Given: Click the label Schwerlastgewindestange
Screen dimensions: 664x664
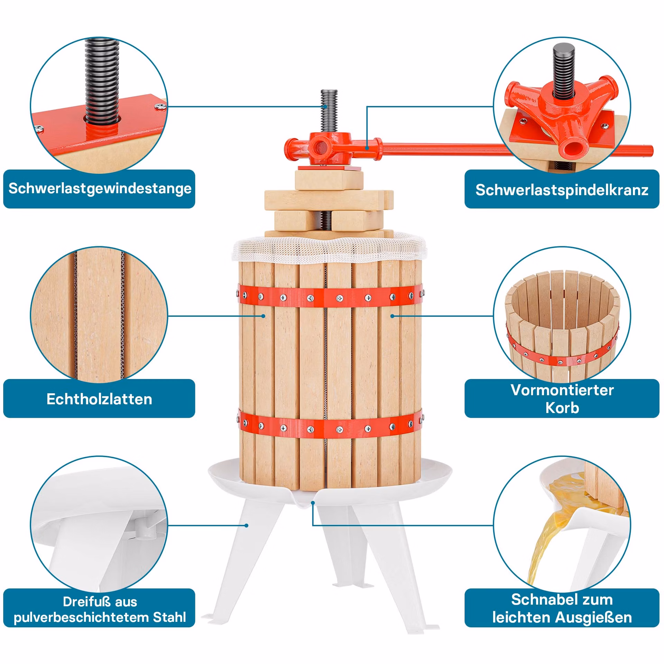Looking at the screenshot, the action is pos(100,189).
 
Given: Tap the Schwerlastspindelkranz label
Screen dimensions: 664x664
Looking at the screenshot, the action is pos(562,190).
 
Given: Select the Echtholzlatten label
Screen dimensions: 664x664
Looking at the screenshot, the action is pos(99,399).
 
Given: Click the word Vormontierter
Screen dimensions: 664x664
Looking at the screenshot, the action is pos(562,390).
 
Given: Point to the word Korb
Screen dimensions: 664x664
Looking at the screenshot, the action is pos(562,408).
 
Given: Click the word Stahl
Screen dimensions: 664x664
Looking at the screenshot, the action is pos(169,617).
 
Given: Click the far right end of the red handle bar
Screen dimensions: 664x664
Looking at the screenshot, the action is pos(652,151).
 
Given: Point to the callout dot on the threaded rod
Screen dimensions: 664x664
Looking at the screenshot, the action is pos(325,107).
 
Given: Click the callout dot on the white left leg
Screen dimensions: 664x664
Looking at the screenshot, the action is pos(246,525).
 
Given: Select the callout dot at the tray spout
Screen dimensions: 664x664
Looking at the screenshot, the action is pos(313,503).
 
